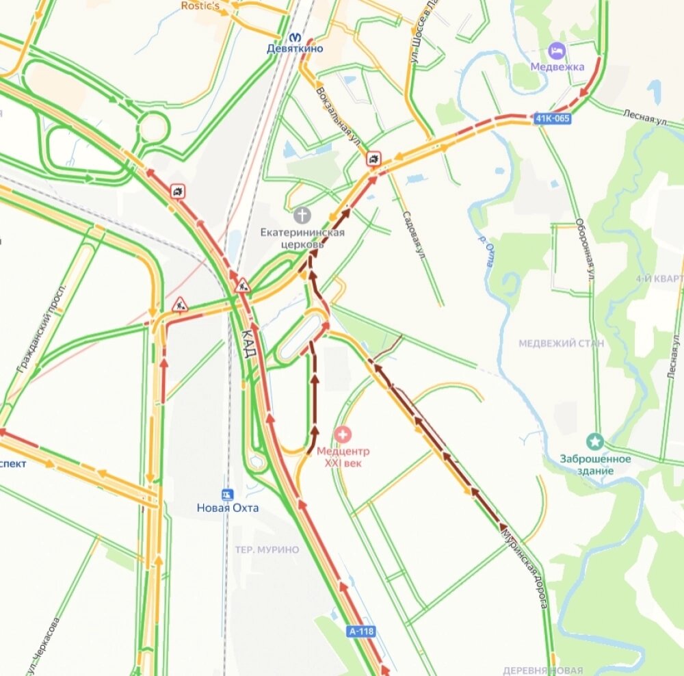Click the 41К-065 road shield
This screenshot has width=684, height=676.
[x=553, y=119]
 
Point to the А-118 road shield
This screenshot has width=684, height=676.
[x=360, y=632]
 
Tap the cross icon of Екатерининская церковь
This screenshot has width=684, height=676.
[x=302, y=216]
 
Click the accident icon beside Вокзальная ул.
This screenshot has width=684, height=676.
[x=373, y=159]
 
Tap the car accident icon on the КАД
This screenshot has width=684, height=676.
[x=178, y=191]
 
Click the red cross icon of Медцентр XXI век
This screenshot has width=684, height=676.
[x=343, y=434]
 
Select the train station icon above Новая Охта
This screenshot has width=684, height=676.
[x=227, y=494]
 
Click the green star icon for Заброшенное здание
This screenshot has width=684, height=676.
[x=595, y=441]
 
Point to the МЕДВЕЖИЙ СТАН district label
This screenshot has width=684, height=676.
[x=561, y=343]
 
